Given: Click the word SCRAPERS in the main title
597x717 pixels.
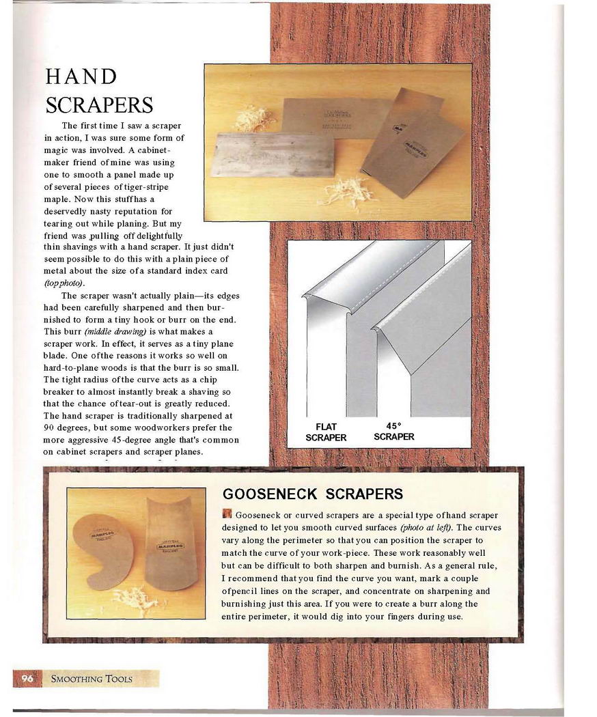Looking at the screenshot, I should coord(99,105).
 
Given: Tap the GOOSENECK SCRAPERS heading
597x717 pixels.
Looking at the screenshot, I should coord(313,494).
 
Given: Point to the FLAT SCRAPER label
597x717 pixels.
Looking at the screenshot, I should coord(326,432).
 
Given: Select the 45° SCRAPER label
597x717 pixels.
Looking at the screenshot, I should coord(394,432).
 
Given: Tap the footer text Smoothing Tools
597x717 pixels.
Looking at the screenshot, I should coord(92,679).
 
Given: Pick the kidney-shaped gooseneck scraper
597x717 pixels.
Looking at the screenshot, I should coord(102,550).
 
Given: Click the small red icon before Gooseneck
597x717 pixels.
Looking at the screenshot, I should coord(227,514).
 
